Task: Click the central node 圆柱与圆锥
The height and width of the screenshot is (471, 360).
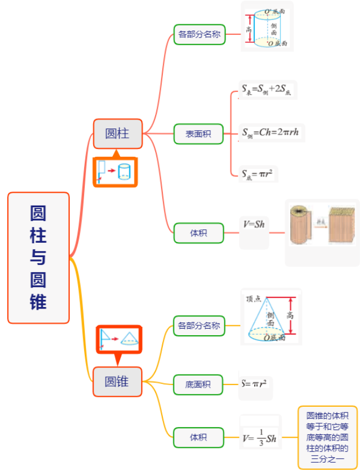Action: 38,258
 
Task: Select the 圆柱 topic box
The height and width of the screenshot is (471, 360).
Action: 117,134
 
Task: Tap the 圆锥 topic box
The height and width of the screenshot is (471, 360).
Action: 117,381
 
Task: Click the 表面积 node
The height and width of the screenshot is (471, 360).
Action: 198,134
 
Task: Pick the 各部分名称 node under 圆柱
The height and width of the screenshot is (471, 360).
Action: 199,34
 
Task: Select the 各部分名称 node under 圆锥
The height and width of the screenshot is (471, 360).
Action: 199,325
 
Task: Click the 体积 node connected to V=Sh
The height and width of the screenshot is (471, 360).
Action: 198,233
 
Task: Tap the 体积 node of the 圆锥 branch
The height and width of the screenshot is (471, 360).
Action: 198,437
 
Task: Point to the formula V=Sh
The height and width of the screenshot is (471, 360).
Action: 254,224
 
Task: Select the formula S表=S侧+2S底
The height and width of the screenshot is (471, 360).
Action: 266,90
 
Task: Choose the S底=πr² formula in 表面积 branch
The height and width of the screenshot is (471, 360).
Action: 259,174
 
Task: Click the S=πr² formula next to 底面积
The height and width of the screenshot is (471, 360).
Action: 256,384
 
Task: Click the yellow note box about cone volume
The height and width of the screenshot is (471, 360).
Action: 328,437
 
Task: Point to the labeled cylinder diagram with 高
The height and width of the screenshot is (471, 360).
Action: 267,27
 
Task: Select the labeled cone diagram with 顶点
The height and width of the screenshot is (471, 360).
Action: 271,318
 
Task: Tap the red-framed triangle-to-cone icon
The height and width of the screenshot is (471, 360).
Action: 120,339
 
